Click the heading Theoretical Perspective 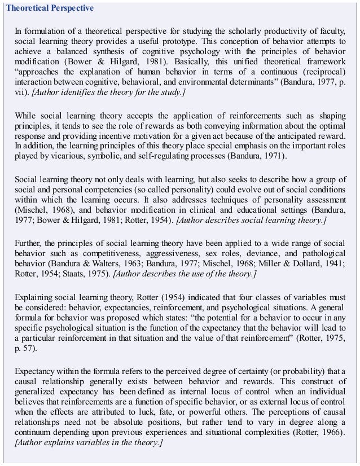coord(49,9)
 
